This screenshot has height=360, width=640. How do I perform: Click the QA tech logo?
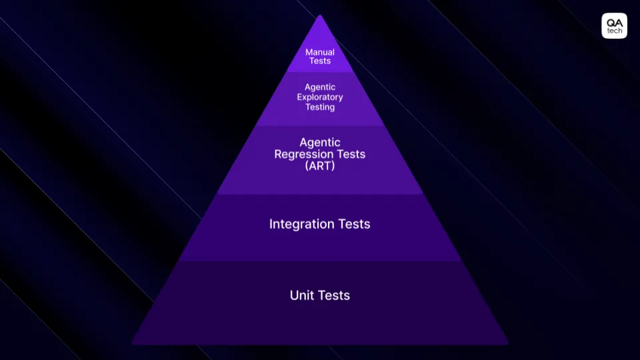pos(614,26)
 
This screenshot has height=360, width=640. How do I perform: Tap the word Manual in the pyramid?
pos(320,52)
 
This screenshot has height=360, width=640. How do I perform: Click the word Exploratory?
pos(320,97)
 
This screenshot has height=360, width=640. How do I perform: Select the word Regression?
pos(306,154)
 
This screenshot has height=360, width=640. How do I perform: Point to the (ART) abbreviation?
pos(320,166)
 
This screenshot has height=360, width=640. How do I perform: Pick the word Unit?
pos(301,295)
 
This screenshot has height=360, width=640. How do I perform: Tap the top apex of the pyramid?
pos(320,15)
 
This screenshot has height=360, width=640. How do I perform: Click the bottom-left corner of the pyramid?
pos(133,343)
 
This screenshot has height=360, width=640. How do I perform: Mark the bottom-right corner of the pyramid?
pos(507,343)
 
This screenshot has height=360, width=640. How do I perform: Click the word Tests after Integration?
pos(353,224)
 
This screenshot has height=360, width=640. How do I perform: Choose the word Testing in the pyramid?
pos(320,107)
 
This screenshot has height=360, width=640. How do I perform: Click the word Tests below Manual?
pos(320,61)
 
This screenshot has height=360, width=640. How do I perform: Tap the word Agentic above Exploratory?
pos(320,87)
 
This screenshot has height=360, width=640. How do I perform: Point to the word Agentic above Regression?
pos(320,142)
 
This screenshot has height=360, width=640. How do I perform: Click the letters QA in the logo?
pos(614,22)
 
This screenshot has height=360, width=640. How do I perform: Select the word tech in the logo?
pos(614,31)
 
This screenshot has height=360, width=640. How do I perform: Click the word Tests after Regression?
pos(351,154)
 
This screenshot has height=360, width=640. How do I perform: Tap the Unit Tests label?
pos(320,295)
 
